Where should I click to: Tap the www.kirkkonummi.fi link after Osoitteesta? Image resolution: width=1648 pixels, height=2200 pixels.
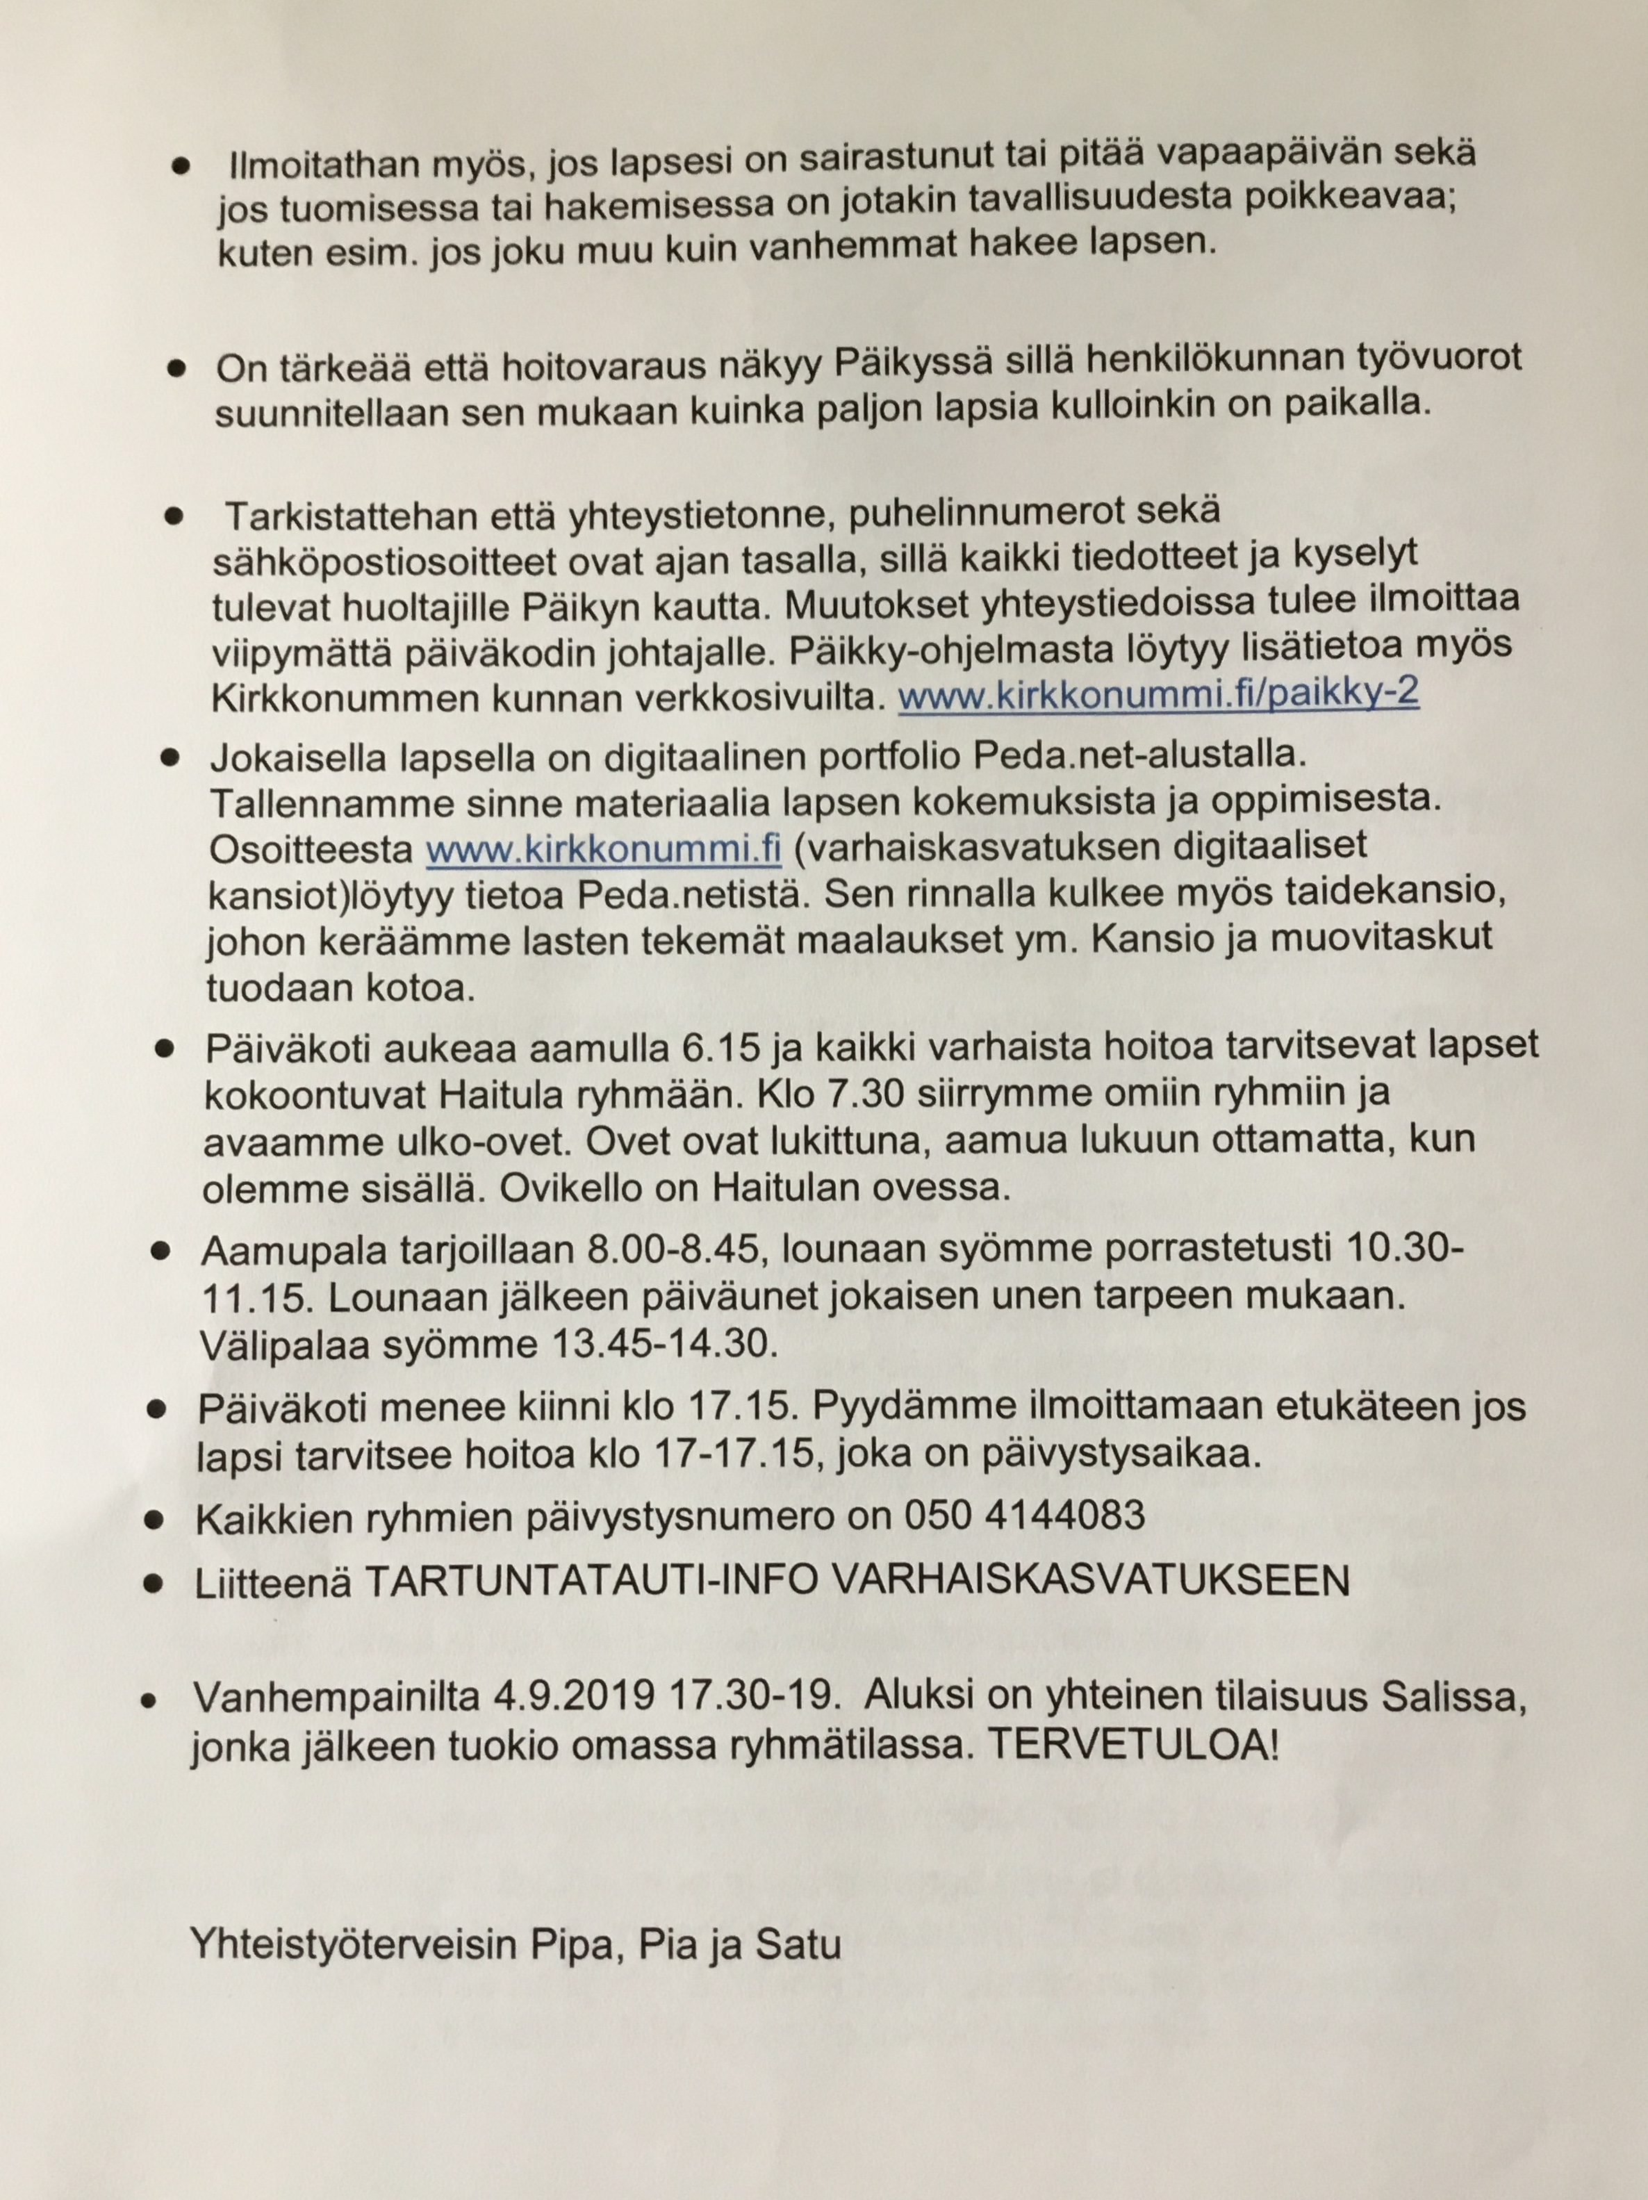pyautogui.click(x=602, y=848)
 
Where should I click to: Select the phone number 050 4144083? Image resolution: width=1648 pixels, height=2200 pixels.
pyautogui.click(x=1024, y=1515)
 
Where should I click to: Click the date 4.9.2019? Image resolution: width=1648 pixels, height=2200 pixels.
pyautogui.click(x=573, y=1695)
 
